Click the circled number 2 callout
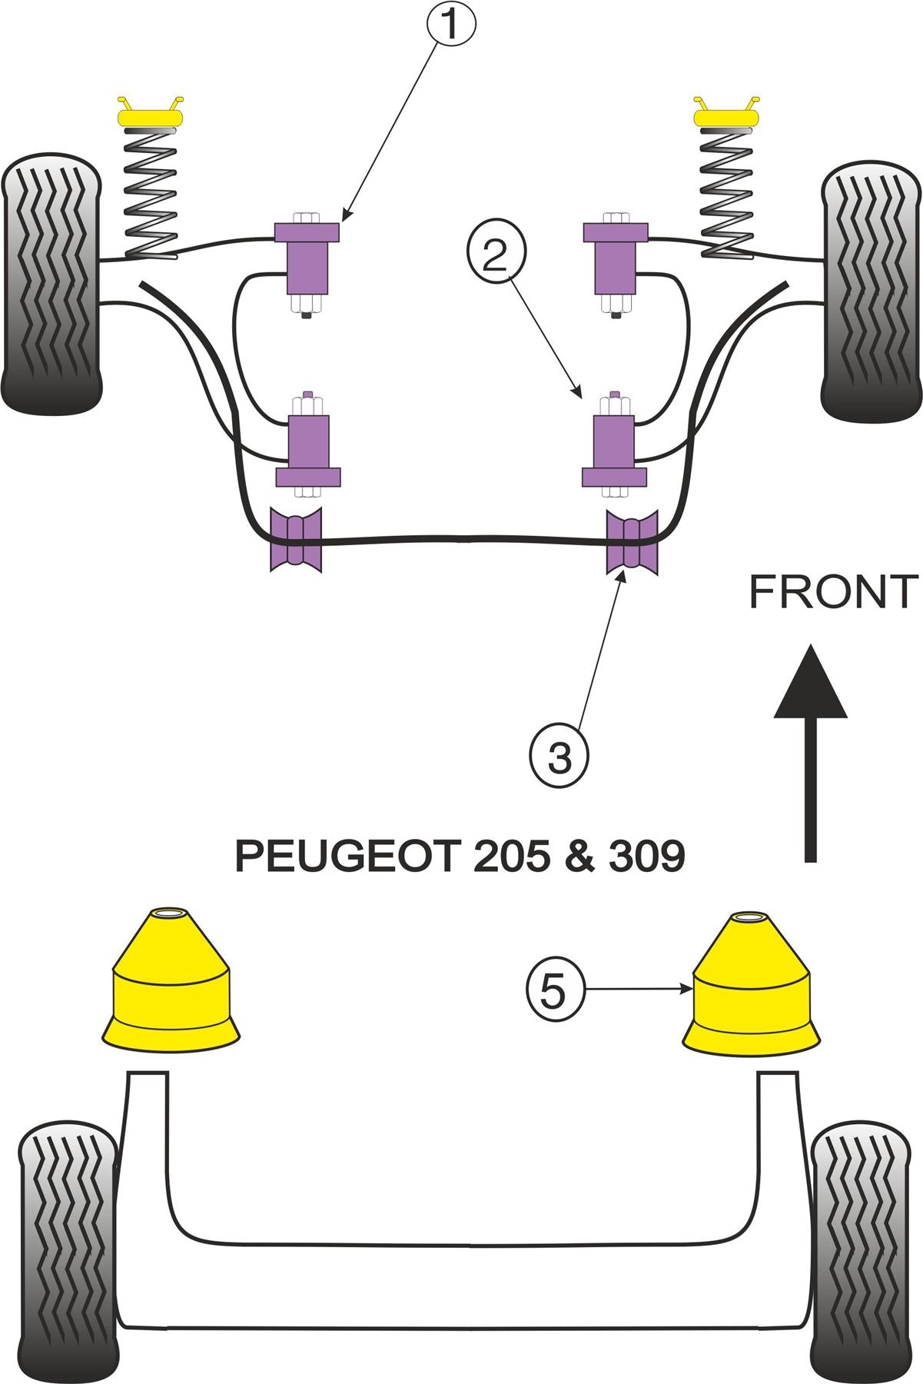click(x=496, y=255)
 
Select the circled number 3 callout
click(x=559, y=757)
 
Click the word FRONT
click(x=833, y=592)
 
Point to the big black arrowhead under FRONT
click(x=810, y=684)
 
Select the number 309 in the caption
click(x=646, y=856)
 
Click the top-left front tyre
click(x=51, y=282)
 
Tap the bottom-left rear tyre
click(x=68, y=1246)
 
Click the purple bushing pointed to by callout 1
click(x=307, y=258)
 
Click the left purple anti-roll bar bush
click(x=296, y=539)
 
